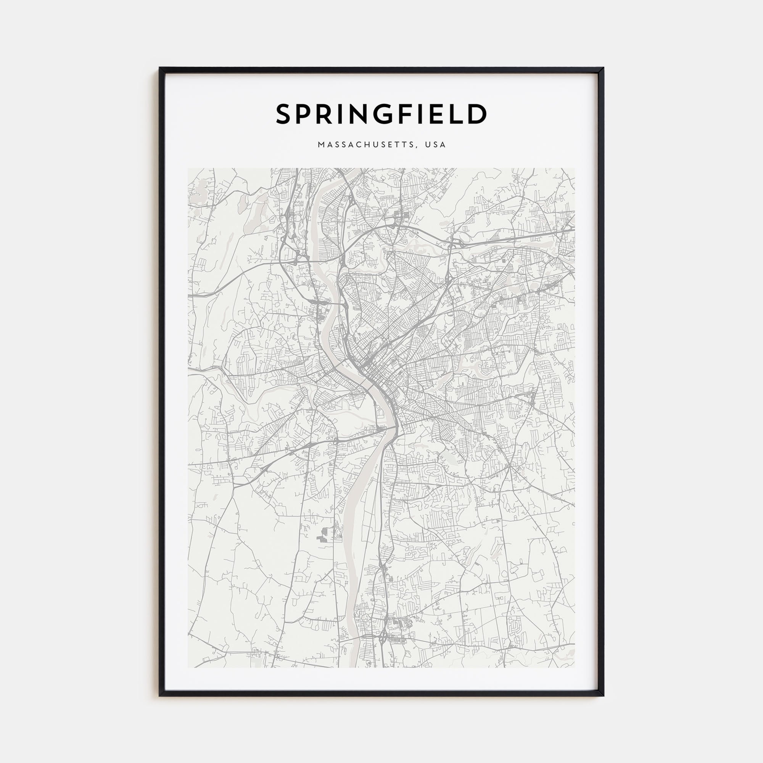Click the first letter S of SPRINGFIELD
click(x=283, y=114)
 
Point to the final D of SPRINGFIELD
click(x=477, y=114)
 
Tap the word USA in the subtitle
click(x=436, y=145)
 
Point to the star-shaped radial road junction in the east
click(x=510, y=467)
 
